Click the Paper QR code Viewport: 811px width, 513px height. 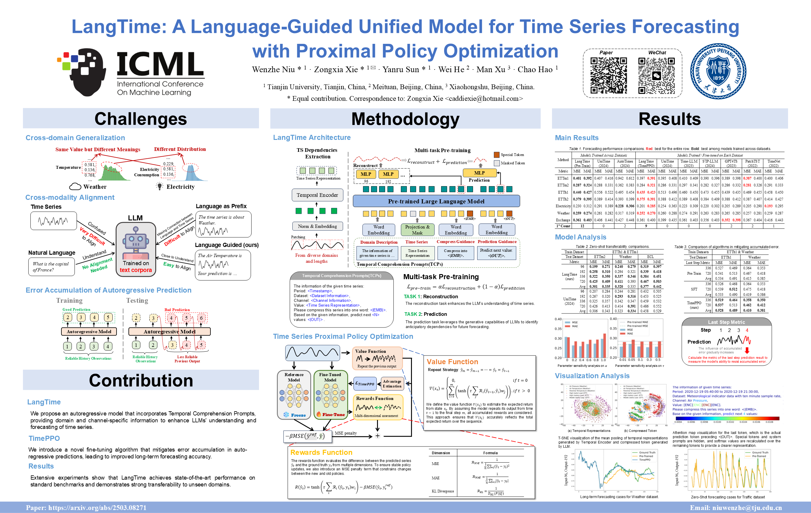point(608,75)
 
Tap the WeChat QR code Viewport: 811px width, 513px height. point(656,75)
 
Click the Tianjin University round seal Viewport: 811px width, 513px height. point(718,71)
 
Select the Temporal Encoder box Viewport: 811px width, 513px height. point(317,195)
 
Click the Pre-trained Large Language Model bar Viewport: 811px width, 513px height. point(436,201)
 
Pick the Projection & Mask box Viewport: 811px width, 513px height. point(417,230)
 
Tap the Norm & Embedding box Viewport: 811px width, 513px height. point(317,226)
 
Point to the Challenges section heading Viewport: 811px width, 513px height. point(141,119)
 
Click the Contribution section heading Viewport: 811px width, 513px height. point(141,380)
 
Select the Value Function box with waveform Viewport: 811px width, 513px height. point(377,358)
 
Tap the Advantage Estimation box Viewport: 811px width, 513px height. point(392,384)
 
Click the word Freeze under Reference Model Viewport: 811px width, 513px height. point(298,415)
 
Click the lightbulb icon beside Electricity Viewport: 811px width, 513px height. point(160,186)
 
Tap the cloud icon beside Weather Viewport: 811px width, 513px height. point(75,186)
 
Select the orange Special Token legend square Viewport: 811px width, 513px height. point(497,155)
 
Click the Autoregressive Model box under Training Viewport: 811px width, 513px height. point(89,332)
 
